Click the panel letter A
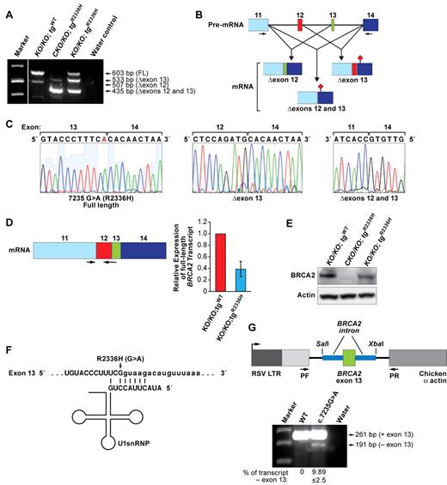coord(7,8)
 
